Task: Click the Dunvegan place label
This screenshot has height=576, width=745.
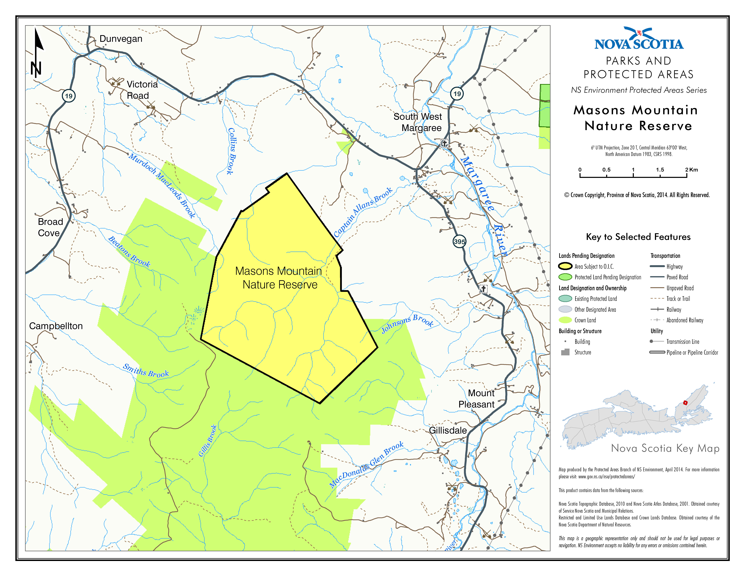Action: (x=121, y=39)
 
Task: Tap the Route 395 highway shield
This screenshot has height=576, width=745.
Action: (x=459, y=242)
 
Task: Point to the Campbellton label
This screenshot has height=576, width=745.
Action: (x=56, y=326)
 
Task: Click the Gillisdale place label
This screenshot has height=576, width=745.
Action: (x=448, y=430)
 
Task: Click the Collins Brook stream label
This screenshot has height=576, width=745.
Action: (x=232, y=151)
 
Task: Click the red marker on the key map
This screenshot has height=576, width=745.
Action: (x=685, y=403)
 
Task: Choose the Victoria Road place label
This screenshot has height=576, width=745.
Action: (x=142, y=90)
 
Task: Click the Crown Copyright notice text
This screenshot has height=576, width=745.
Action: (x=637, y=195)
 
